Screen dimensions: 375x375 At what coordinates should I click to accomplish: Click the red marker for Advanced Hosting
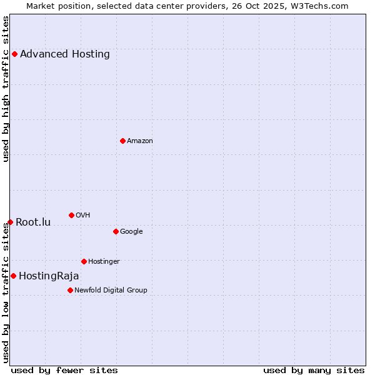[x=14, y=54]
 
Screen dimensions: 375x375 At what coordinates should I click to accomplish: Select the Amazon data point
[x=122, y=141]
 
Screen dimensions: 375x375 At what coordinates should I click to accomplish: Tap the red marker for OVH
[x=71, y=215]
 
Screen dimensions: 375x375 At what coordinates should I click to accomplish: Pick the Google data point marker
[x=116, y=231]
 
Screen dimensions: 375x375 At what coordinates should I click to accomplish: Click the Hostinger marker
[x=84, y=261]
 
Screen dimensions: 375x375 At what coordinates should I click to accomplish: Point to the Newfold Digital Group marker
[x=70, y=290]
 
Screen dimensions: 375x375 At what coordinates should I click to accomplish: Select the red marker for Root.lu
[x=10, y=222]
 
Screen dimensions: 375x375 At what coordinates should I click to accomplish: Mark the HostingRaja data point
[x=13, y=276]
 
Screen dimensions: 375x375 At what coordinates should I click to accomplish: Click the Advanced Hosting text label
[x=65, y=54]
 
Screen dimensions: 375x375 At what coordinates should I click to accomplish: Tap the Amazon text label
[x=140, y=141]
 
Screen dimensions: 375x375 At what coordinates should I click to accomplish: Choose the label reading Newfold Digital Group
[x=111, y=290]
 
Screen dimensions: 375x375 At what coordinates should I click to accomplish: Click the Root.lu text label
[x=33, y=222]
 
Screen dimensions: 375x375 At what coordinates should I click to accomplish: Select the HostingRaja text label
[x=49, y=276]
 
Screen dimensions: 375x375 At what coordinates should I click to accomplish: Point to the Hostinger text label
[x=104, y=261]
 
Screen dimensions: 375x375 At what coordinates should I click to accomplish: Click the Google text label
[x=131, y=231]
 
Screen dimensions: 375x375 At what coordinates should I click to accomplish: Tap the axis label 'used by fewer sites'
[x=64, y=370]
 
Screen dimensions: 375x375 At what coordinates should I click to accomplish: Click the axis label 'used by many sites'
[x=314, y=370]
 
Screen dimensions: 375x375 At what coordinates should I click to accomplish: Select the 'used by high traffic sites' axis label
[x=6, y=89]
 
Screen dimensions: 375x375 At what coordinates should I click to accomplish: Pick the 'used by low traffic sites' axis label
[x=6, y=294]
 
